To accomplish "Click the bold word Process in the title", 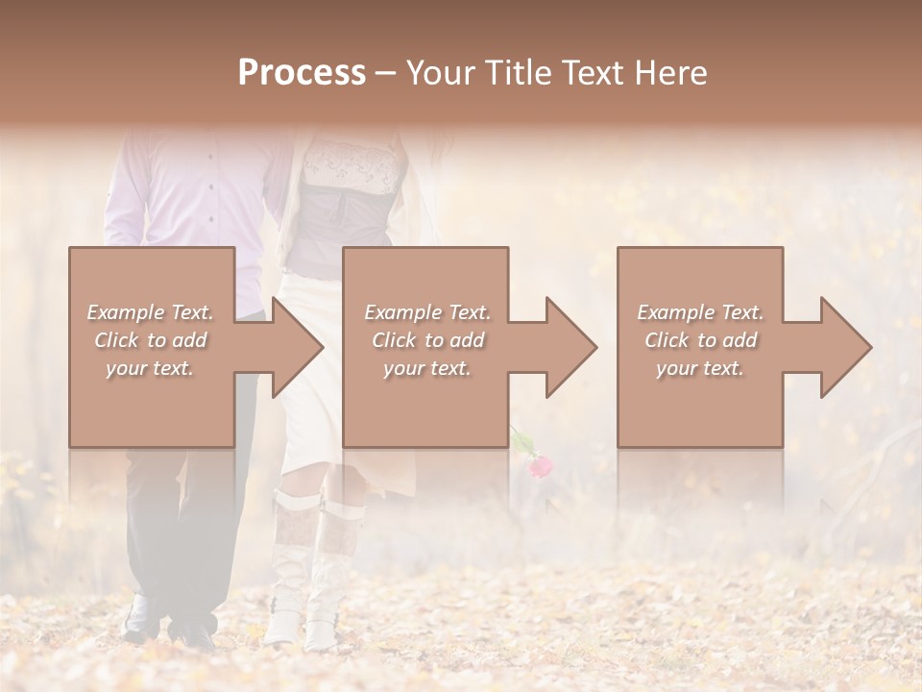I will [x=302, y=73].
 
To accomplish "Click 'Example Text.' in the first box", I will [x=150, y=312].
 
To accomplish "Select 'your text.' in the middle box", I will [x=426, y=368].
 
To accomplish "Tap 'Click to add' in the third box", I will [x=700, y=340].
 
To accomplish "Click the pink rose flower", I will [x=541, y=466].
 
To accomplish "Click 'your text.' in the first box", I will [x=150, y=368].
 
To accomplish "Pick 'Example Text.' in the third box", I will [x=700, y=312].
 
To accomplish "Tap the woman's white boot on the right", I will [x=331, y=577].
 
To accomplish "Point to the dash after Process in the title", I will [x=385, y=73].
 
